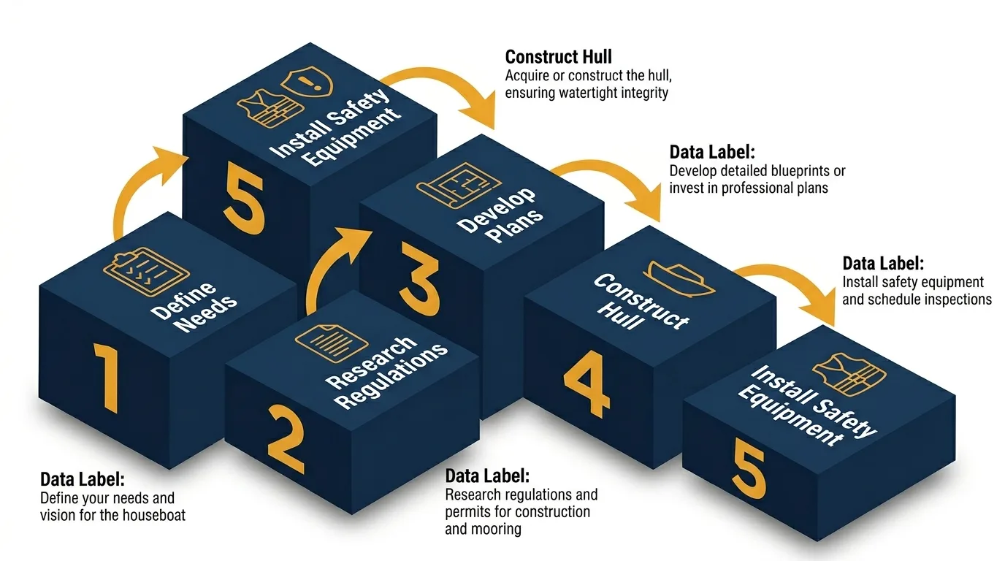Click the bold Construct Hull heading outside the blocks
pos(559,57)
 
